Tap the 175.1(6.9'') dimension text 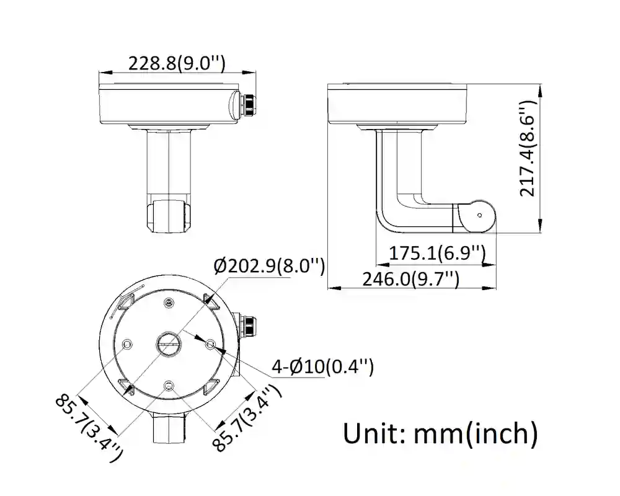coord(436,253)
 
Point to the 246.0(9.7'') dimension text coord(410,279)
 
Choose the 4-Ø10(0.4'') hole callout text coord(322,366)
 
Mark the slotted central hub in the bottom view coord(168,343)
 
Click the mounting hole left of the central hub coord(128,343)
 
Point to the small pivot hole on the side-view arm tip coord(479,215)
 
